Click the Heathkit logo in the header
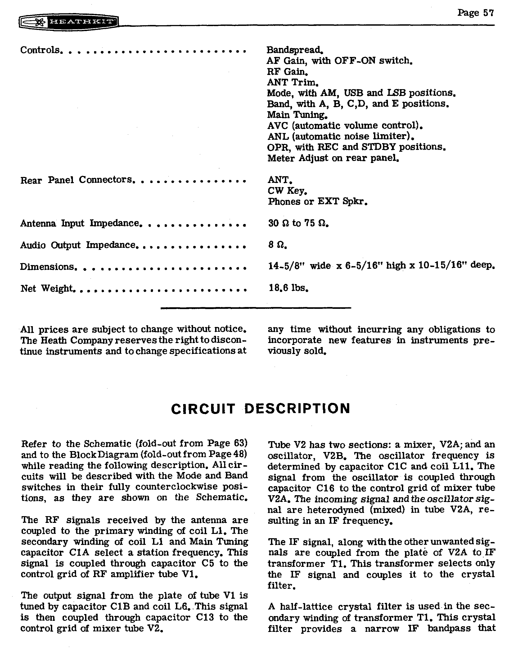pos(69,22)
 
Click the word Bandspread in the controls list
pos(294,50)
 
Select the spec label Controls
pos(40,50)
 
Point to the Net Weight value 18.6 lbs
pos(288,288)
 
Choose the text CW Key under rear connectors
pos(287,190)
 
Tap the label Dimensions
pos(47,267)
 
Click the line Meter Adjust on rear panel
pos(333,158)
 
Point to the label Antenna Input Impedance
pos(79,223)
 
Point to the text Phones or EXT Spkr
pos(317,201)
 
